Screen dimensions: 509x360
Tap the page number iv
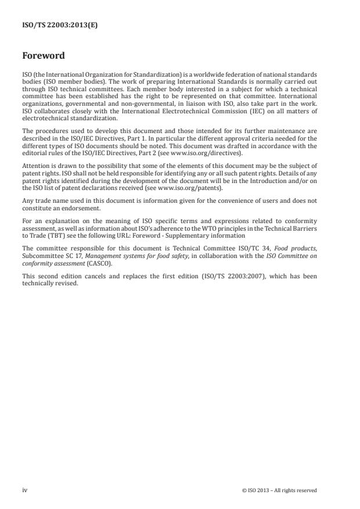coord(24,490)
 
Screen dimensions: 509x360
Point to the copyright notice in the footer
coord(279,490)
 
